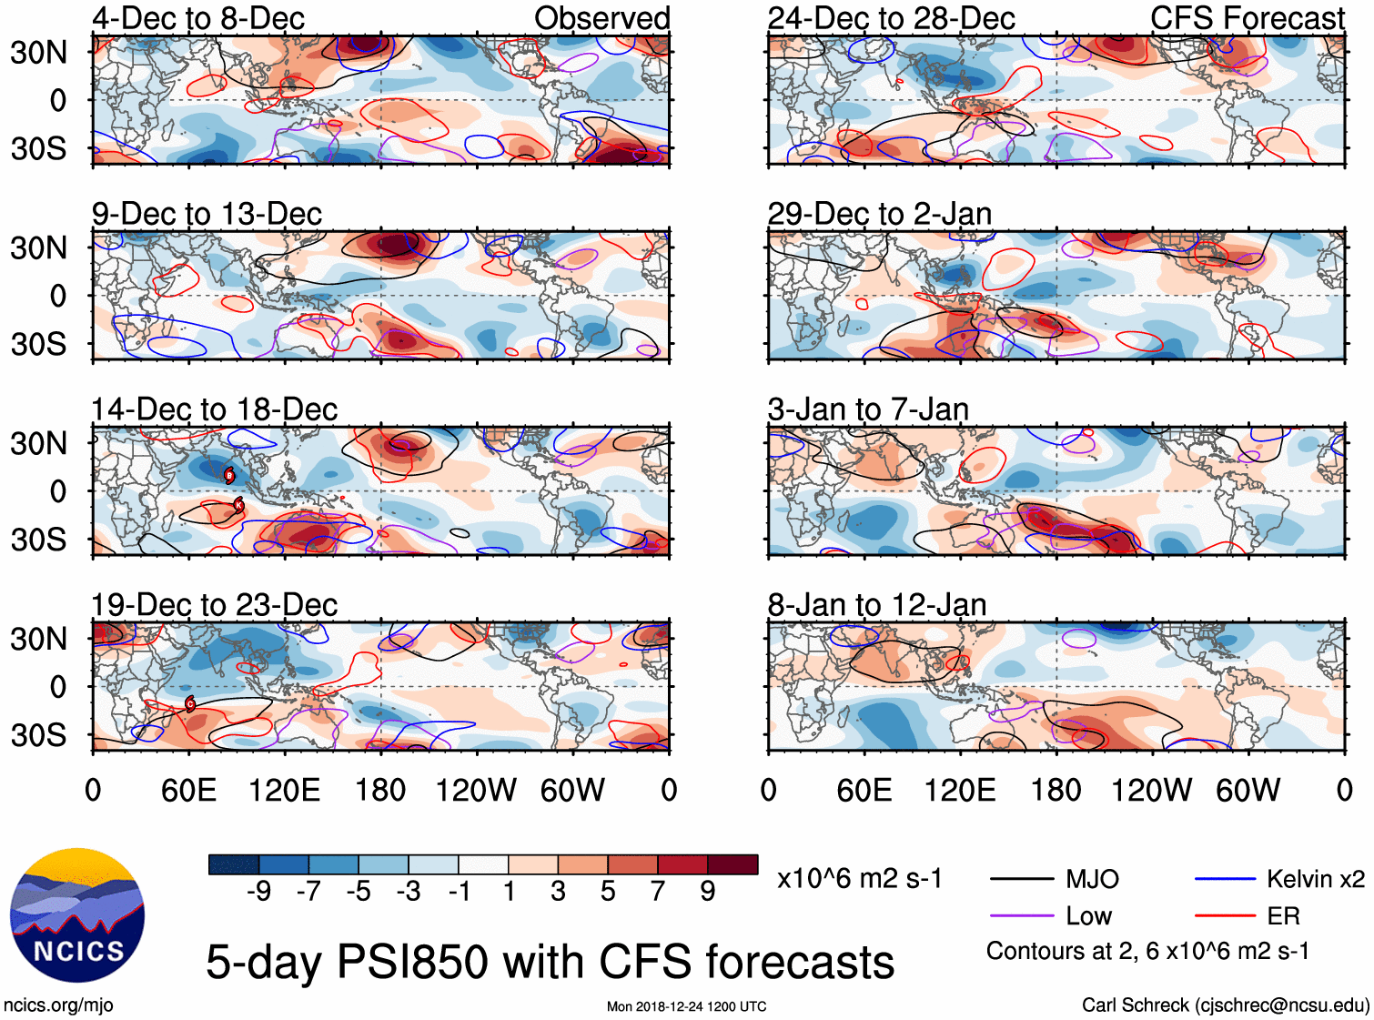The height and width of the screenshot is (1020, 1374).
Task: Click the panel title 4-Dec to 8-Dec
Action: [198, 18]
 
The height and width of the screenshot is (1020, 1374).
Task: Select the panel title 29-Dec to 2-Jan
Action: [879, 214]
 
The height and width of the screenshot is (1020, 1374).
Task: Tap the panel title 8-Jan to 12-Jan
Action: [876, 605]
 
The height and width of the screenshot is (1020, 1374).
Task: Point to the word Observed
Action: [601, 18]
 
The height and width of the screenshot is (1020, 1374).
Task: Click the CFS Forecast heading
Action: [1247, 18]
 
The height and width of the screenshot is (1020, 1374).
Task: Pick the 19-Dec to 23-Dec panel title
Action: [214, 605]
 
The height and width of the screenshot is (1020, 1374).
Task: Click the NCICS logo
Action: [77, 915]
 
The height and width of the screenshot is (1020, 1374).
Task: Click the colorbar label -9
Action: [259, 891]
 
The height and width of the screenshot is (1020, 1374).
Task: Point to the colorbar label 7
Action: [658, 891]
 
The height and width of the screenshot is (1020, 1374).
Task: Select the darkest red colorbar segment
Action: [732, 864]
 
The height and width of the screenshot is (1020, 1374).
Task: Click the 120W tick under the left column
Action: [476, 790]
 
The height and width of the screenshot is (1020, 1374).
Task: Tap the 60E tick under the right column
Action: [864, 790]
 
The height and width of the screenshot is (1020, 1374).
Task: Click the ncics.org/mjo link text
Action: [58, 1005]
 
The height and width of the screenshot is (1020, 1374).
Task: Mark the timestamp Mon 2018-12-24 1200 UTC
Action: [686, 1006]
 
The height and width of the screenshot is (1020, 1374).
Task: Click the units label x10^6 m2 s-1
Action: [859, 879]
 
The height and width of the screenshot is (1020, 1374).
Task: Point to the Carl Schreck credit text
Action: [1225, 1005]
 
